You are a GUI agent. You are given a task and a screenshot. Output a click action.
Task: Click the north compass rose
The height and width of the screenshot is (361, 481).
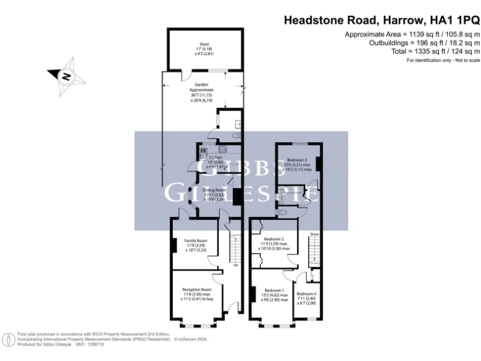(65, 76)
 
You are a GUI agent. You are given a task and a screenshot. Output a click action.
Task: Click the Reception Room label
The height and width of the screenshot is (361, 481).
(197, 290)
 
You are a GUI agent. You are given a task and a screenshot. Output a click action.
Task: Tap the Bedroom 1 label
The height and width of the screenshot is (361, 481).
(274, 290)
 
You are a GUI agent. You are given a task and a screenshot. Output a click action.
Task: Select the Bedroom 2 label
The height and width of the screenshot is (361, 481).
(274, 239)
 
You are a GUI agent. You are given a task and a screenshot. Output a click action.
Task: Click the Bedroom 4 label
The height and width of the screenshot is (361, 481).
(306, 294)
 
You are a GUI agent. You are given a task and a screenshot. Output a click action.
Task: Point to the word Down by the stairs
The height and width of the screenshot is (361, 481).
(314, 235)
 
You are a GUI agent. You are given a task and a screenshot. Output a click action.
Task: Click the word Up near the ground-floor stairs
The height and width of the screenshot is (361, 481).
(235, 264)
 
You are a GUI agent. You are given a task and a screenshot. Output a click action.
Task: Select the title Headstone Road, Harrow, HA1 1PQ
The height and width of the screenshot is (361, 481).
(382, 20)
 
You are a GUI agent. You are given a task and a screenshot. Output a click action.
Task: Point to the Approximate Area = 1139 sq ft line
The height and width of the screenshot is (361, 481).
(412, 34)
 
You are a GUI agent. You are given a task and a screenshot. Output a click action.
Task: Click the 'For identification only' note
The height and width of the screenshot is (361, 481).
(443, 60)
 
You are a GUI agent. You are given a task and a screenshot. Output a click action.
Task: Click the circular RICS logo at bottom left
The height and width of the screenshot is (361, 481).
(9, 339)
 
